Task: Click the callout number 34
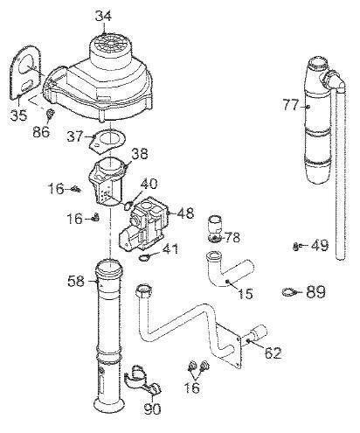pyautogui.click(x=103, y=17)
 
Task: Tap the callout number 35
pyautogui.click(x=18, y=115)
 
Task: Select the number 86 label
pyautogui.click(x=41, y=132)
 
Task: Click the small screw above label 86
pyautogui.click(x=50, y=114)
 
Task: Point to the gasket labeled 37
pyautogui.click(x=107, y=141)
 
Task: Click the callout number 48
pyautogui.click(x=185, y=213)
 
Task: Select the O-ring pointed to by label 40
pyautogui.click(x=128, y=206)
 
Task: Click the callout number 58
pyautogui.click(x=76, y=282)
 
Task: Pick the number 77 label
pyautogui.click(x=291, y=105)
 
